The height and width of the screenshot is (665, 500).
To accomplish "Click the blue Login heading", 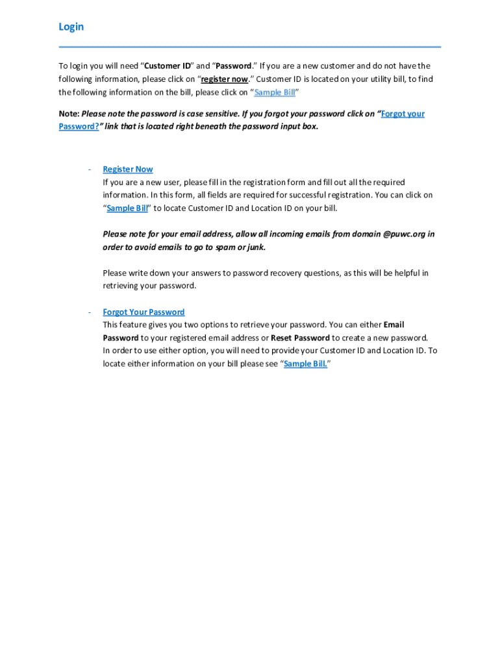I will point(71,27).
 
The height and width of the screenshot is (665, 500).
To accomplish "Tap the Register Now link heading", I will point(128,169).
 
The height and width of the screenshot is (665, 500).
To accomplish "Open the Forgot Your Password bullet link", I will point(144,312).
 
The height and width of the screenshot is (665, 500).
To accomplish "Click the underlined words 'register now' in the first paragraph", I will point(225,79).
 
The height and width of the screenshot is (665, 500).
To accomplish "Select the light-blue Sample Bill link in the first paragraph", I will point(275,92).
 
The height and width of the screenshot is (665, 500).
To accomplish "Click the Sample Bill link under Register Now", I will point(127,208).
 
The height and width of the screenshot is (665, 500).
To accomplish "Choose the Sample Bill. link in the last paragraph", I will point(305,364).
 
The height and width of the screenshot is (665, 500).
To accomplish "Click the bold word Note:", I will point(69,114).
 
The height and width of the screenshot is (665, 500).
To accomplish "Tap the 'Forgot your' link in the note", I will point(403,114).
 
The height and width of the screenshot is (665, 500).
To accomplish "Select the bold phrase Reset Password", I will point(300,338).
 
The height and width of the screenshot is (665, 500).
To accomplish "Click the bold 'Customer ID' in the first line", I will point(168,66).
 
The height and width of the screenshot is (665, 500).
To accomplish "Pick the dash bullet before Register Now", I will point(88,169).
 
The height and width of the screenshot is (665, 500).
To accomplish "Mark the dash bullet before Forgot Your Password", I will point(88,312).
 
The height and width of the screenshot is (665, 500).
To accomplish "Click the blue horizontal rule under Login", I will point(250,47).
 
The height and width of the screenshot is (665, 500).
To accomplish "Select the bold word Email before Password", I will point(394,325).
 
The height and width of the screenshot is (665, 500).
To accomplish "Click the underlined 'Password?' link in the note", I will point(79,127).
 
